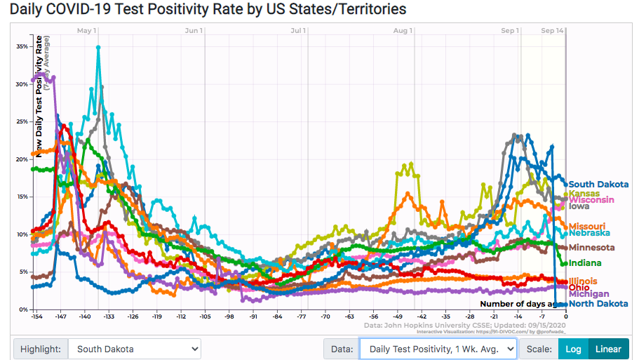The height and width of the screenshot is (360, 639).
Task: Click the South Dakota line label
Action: [598, 184]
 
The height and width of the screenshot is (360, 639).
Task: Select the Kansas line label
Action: [584, 194]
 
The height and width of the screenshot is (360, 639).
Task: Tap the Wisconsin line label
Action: [591, 200]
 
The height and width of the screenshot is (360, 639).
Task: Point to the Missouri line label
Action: [586, 226]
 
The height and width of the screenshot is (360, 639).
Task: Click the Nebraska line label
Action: [589, 233]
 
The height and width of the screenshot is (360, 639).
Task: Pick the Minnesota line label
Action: [591, 248]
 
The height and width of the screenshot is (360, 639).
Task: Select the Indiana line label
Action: [584, 263]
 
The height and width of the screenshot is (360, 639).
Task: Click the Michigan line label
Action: [588, 294]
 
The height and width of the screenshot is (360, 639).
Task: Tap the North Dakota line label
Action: [598, 304]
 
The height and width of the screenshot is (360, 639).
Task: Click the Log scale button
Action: [572, 349]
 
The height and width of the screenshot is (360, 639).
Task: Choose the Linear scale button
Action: [607, 349]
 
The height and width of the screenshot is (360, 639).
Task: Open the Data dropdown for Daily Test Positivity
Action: [438, 349]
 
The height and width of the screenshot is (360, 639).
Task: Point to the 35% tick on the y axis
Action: [22, 46]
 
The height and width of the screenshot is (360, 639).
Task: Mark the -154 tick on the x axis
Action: [36, 317]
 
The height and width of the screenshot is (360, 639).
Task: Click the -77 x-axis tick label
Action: [302, 317]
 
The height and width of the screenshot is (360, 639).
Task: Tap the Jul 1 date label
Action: [298, 31]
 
